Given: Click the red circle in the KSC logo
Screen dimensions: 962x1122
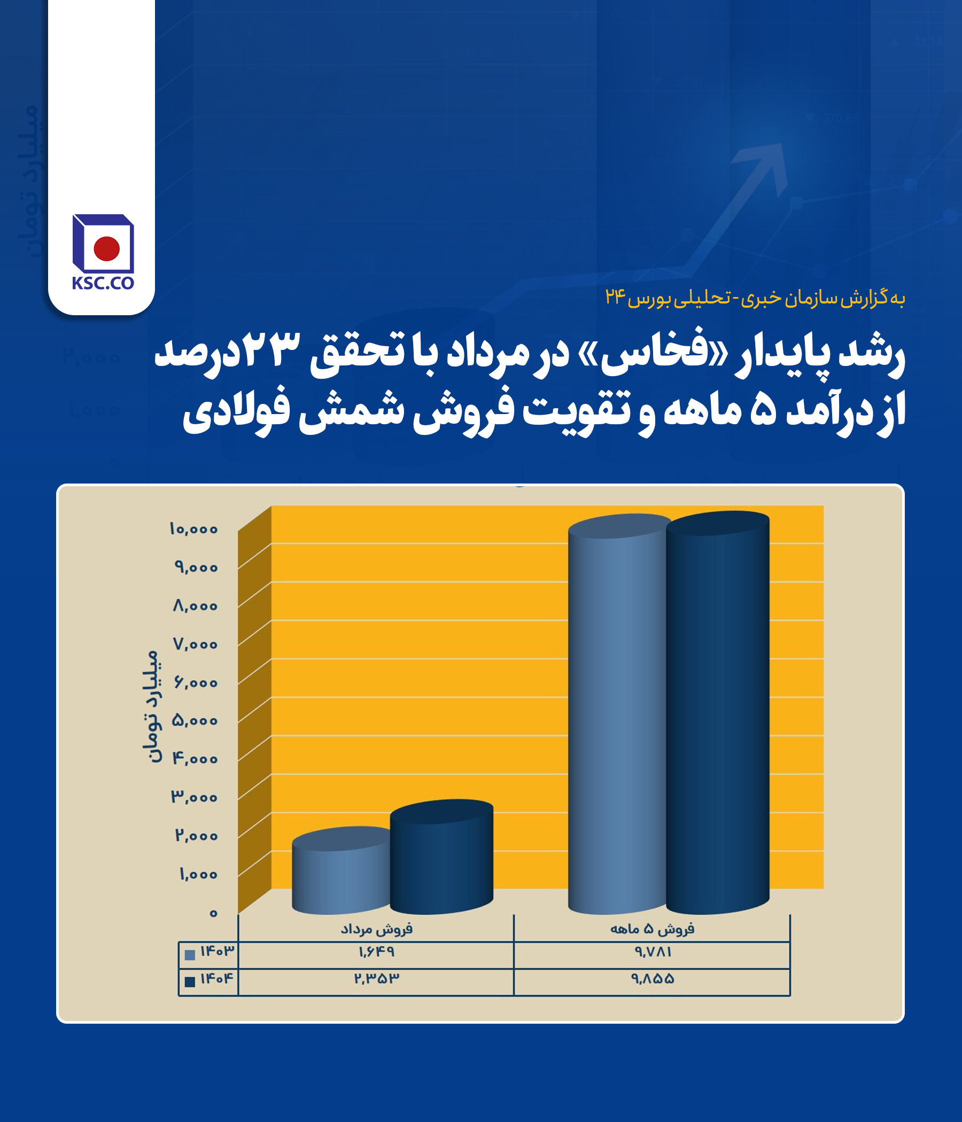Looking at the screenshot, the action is click(106, 248).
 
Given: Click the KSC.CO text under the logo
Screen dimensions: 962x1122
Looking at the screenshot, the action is click(103, 283).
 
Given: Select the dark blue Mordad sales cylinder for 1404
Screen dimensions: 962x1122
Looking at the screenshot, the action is click(441, 856).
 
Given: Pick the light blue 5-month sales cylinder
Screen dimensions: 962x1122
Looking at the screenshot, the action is click(617, 714).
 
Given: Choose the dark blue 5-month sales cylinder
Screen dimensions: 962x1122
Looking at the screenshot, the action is click(718, 713).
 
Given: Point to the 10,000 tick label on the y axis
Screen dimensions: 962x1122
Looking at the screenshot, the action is click(193, 529).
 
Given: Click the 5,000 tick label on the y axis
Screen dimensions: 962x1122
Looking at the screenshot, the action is click(195, 721).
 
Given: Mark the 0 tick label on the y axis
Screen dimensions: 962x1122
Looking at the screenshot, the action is click(213, 914).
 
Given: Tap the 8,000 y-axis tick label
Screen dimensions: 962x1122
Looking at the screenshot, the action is click(195, 606).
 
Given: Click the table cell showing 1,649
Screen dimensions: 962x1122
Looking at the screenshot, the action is click(376, 952).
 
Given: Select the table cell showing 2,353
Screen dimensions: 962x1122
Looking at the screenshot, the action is click(376, 978).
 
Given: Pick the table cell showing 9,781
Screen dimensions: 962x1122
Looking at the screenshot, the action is click(653, 952).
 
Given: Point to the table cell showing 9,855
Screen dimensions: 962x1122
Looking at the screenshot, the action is click(653, 978).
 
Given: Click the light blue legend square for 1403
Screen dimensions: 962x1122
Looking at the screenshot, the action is click(190, 955).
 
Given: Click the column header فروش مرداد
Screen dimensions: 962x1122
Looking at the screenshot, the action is click(376, 929).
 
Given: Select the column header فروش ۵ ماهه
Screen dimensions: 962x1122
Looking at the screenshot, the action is click(652, 929).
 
